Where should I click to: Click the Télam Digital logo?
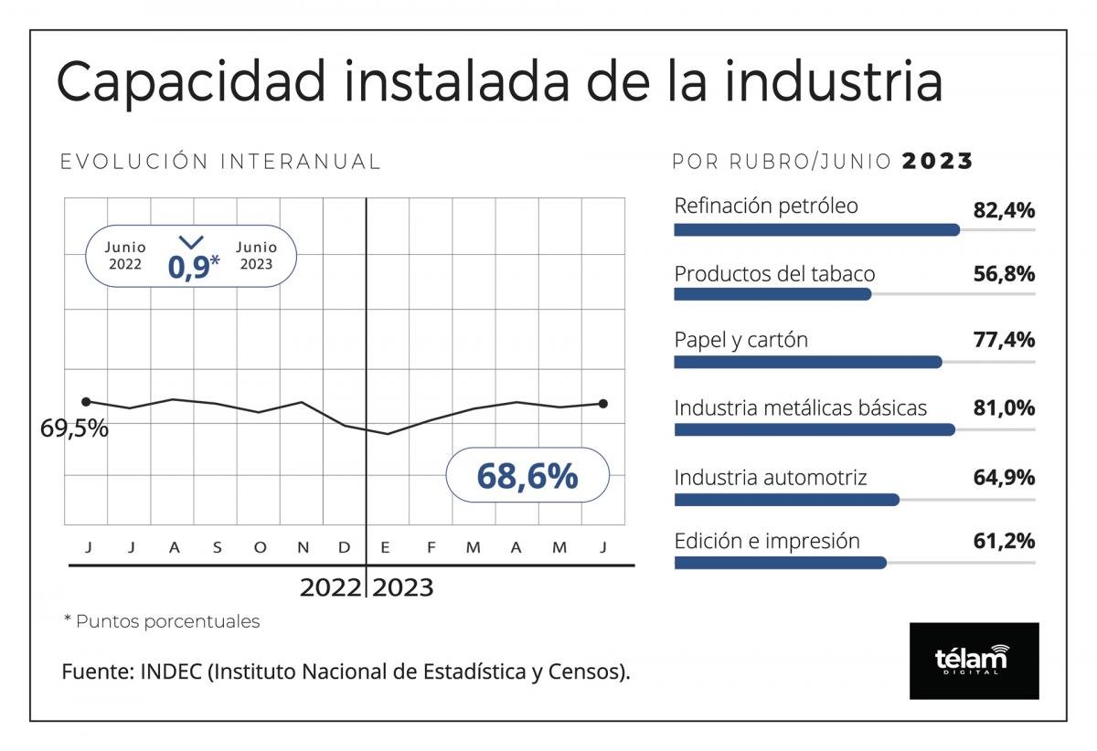[974, 661]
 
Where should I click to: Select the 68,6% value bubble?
[527, 475]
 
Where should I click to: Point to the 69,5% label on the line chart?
[74, 428]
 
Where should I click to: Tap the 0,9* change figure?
[193, 266]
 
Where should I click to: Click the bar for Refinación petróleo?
[816, 230]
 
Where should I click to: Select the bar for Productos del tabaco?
[772, 295]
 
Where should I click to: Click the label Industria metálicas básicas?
[801, 407]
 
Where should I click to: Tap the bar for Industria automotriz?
[786, 499]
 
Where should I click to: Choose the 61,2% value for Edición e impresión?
[1004, 541]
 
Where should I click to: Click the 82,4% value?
[1004, 210]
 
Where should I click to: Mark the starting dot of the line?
[86, 401]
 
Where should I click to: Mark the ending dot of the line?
[602, 403]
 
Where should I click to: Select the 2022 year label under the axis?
[331, 587]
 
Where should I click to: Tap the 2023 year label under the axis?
[402, 587]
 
